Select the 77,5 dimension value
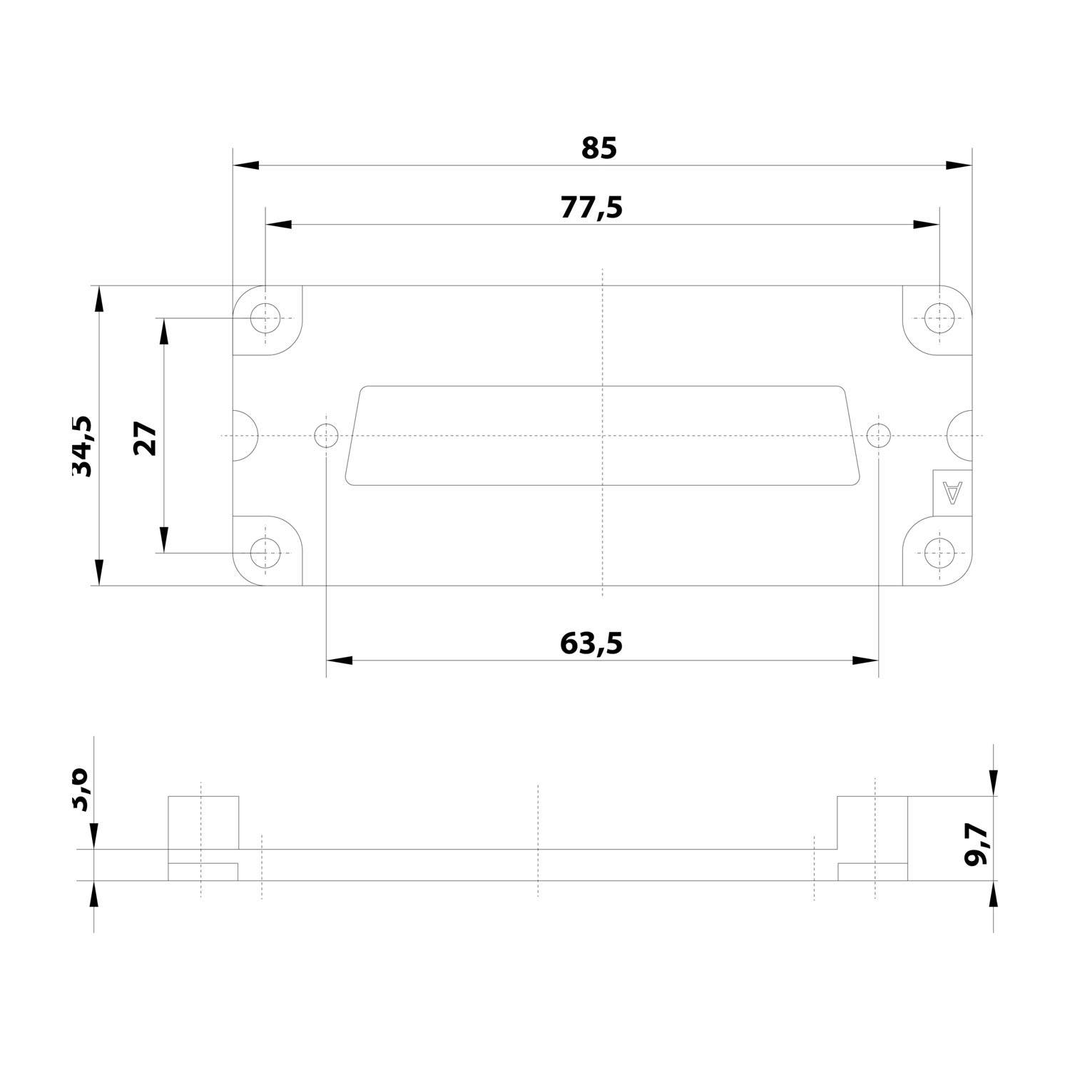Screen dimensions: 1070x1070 coord(591,208)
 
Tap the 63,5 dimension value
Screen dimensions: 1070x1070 coord(591,643)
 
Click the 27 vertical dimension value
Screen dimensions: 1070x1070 coord(145,438)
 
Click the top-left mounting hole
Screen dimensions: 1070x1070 coord(265,317)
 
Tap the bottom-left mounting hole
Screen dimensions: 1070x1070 coord(265,553)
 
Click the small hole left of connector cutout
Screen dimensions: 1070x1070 coord(326,434)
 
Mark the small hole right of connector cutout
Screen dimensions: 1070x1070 coord(878,434)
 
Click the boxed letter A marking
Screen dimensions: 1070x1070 coord(952,492)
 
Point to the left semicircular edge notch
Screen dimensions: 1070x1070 coord(245,435)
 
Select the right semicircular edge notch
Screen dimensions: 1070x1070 coord(961,435)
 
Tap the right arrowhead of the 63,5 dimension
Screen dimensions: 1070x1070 coord(865,661)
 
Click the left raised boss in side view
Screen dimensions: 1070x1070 coord(203,822)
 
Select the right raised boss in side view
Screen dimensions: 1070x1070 coord(872,822)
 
